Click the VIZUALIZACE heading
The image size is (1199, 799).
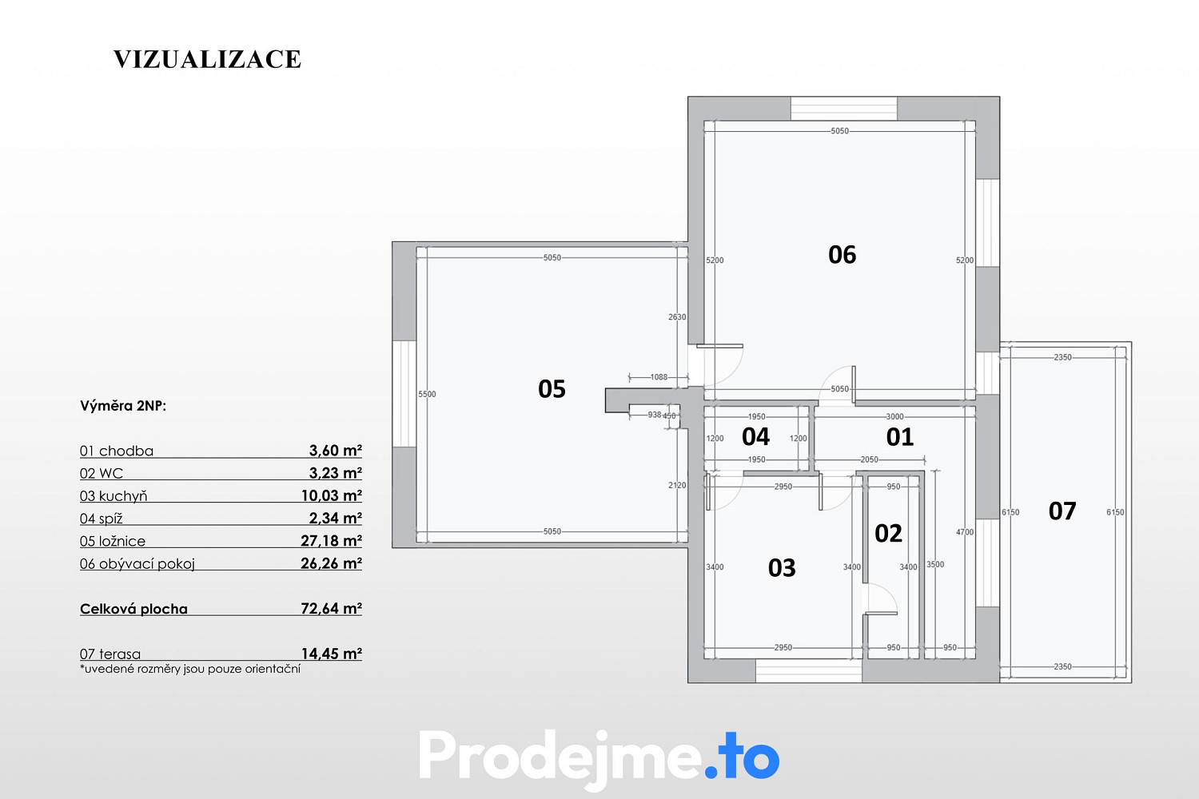pos(207,59)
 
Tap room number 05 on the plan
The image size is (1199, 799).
pos(552,389)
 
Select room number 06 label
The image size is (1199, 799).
pos(842,255)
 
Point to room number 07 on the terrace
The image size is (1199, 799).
pos(1062,511)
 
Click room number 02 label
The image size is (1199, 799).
pos(888,534)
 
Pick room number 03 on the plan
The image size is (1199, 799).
pos(782,568)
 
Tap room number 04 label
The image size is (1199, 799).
pos(755,437)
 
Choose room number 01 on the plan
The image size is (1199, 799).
pos(899,437)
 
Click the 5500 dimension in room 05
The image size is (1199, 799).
pos(427,395)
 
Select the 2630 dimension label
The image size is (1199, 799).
pos(677,317)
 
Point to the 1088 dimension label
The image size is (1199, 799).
pos(659,377)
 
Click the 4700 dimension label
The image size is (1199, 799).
pos(965,532)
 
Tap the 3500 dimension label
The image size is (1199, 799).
pos(935,564)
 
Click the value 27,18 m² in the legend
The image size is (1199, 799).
pos(332,540)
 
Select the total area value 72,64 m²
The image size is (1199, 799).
pos(332,609)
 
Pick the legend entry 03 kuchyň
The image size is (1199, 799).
pos(114,496)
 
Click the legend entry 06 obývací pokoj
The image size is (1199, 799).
pos(137,563)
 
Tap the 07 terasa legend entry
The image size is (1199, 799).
pos(110,654)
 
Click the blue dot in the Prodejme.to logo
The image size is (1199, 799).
pos(711,772)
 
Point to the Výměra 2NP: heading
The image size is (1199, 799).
pos(123,406)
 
